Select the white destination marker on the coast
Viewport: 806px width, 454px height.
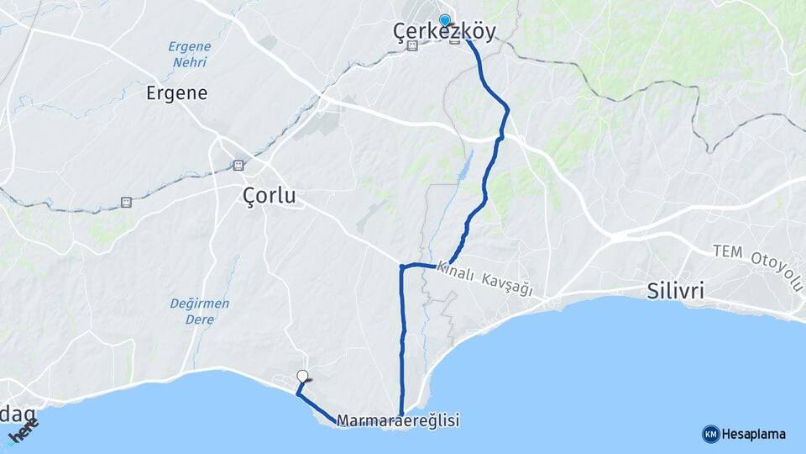click(x=303, y=377)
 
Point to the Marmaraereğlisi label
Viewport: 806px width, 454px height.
click(x=398, y=420)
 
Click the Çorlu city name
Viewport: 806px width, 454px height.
click(x=269, y=197)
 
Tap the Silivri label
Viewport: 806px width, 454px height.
click(x=676, y=292)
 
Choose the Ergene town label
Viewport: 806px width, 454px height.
click(x=176, y=92)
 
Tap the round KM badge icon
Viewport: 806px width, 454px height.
click(x=710, y=434)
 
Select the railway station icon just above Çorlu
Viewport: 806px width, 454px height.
click(x=238, y=165)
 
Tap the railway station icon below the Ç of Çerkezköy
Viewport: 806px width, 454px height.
click(x=411, y=47)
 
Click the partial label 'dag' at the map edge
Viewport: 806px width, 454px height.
click(x=18, y=413)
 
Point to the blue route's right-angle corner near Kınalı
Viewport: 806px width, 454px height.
click(x=402, y=268)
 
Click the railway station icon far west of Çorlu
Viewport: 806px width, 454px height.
click(x=126, y=202)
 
